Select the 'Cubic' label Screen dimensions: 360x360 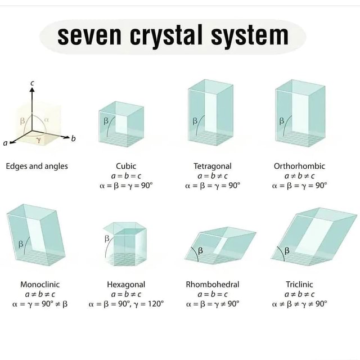tap(126, 166)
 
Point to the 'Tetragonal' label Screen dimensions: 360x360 tap(213, 166)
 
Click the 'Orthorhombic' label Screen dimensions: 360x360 tap(299, 166)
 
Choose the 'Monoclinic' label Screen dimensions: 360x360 tap(40, 285)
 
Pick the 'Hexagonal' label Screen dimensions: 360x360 tap(126, 285)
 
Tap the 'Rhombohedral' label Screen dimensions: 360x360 tap(213, 285)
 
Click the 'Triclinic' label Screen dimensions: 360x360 tap(299, 285)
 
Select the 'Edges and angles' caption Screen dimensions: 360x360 tap(37, 166)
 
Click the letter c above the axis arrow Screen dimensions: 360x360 tap(32, 83)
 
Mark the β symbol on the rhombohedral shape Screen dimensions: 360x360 tap(199, 251)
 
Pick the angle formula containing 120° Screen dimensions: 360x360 tap(126, 304)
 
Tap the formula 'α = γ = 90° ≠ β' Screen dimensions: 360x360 tap(40, 304)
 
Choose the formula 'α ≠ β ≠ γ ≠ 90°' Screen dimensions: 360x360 tap(299, 304)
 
